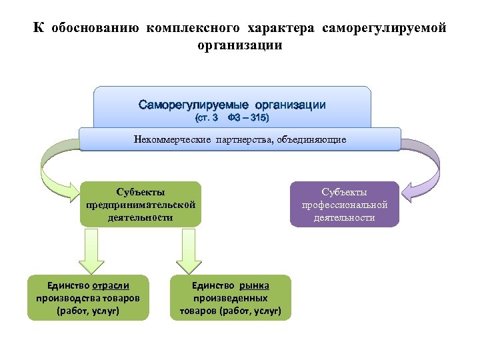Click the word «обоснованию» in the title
(95, 29)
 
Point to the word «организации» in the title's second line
(239, 45)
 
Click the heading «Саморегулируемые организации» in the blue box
(232, 105)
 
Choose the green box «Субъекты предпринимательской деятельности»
(140, 204)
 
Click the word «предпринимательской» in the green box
(141, 205)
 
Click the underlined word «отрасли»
(111, 285)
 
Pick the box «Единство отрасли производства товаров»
(87, 297)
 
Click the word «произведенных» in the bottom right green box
(231, 298)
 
